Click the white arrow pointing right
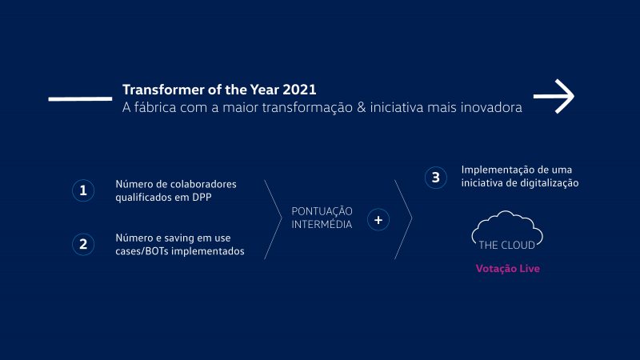click(554, 96)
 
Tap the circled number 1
click(83, 190)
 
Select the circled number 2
click(83, 244)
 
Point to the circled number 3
click(435, 178)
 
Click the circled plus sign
click(378, 219)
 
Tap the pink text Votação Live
click(508, 269)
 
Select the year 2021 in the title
click(299, 90)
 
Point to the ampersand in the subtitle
click(362, 108)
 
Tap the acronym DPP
click(202, 197)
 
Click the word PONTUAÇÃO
click(322, 211)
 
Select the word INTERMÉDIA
click(322, 225)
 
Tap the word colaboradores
click(206, 184)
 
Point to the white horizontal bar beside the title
click(80, 98)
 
